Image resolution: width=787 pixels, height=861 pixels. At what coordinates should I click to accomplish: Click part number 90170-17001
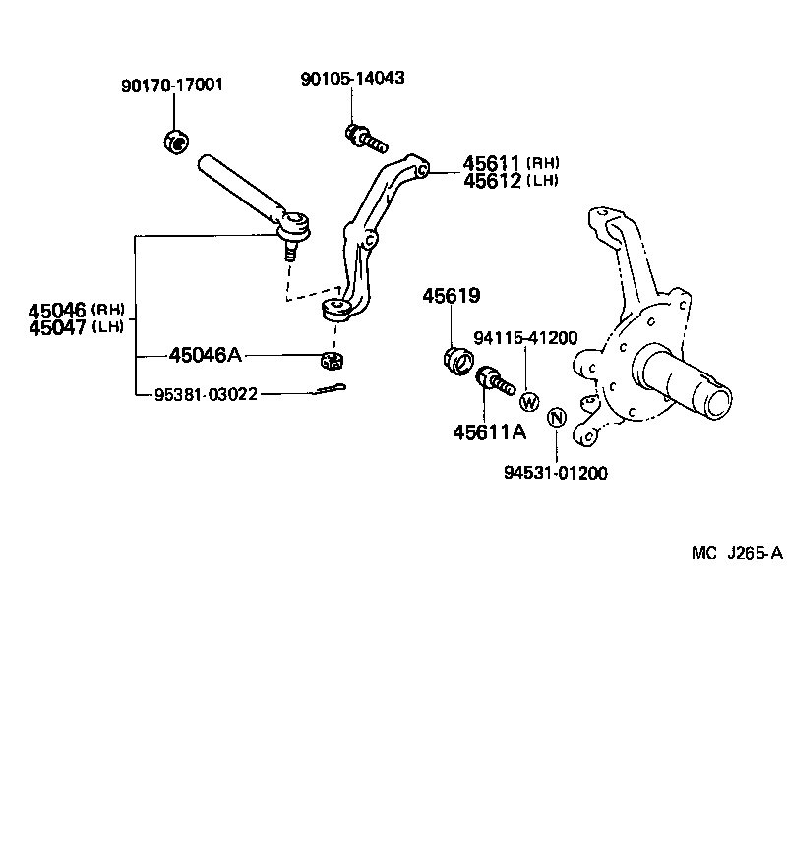(172, 86)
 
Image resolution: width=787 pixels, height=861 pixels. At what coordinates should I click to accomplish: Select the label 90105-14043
(353, 78)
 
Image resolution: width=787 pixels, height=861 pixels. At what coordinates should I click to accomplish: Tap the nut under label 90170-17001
(174, 142)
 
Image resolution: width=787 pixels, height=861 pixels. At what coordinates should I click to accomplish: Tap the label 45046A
(206, 354)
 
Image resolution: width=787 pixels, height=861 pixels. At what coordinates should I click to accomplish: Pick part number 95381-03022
(206, 394)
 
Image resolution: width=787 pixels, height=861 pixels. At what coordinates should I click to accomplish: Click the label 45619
(453, 295)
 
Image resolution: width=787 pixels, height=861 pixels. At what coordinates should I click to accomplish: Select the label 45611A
(489, 430)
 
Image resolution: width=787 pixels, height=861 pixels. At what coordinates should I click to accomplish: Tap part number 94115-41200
(525, 338)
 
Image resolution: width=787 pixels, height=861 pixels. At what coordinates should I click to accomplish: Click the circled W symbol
(528, 401)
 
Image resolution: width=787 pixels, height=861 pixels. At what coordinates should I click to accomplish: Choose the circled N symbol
(556, 417)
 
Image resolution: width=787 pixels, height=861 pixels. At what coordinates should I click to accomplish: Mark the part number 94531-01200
(557, 473)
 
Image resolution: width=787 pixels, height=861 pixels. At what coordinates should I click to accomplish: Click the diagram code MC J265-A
(736, 553)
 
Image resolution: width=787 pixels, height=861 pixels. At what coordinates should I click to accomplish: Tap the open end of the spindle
(717, 400)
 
